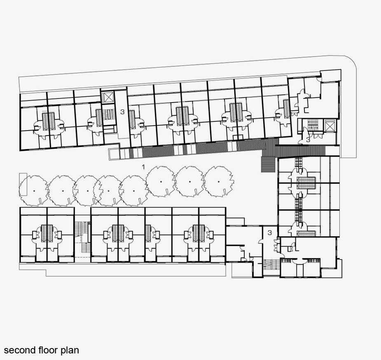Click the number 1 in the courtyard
[143, 167]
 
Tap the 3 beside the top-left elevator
[122, 112]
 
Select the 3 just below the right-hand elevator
[308, 140]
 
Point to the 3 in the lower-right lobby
[270, 233]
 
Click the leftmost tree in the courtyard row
[34, 191]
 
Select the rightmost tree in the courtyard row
[219, 182]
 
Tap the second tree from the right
[189, 182]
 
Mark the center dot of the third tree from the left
[87, 191]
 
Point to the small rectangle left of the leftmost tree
[23, 184]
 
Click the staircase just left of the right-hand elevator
[313, 125]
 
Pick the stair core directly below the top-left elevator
[109, 114]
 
